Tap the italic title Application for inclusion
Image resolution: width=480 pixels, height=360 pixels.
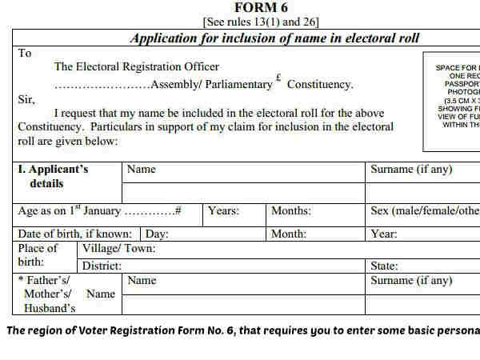pyautogui.click(x=274, y=38)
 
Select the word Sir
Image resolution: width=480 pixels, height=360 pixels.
pyautogui.click(x=26, y=99)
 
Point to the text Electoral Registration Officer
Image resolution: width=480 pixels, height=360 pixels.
pyautogui.click(x=136, y=67)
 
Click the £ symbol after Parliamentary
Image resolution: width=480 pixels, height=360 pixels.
pyautogui.click(x=278, y=78)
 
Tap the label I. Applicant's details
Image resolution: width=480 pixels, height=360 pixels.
pyautogui.click(x=54, y=176)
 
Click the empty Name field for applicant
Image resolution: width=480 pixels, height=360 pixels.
pyautogui.click(x=243, y=193)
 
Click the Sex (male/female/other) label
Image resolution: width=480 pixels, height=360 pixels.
pyautogui.click(x=424, y=211)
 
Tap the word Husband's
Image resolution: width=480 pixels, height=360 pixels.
pyautogui.click(x=50, y=308)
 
